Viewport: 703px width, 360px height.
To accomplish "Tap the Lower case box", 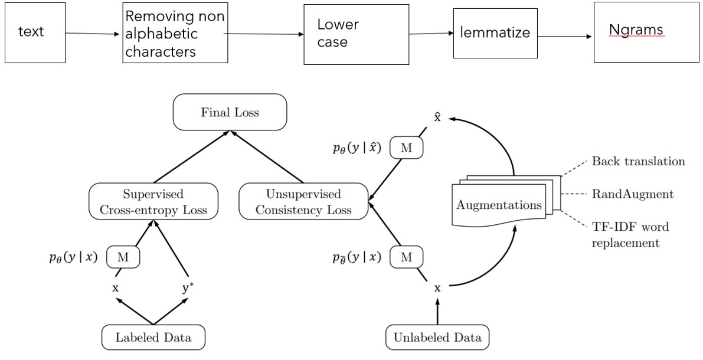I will (x=356, y=34).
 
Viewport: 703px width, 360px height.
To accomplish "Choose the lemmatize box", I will (x=495, y=33).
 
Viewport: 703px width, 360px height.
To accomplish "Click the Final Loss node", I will (x=230, y=112).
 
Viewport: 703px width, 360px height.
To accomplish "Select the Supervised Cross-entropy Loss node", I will (x=153, y=202).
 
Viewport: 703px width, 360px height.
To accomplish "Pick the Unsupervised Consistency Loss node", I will (x=303, y=202).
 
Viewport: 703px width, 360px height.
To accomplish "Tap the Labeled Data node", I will (x=153, y=338).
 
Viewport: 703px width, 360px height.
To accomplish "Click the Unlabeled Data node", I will (x=437, y=338).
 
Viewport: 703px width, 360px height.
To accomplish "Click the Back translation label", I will (x=639, y=162).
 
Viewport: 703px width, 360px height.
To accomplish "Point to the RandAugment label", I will (x=633, y=194).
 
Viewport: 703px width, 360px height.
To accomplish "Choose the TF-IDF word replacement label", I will (x=630, y=234).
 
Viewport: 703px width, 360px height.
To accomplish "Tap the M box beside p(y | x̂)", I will (x=407, y=149).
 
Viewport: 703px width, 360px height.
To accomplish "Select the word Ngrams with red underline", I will (x=636, y=30).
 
